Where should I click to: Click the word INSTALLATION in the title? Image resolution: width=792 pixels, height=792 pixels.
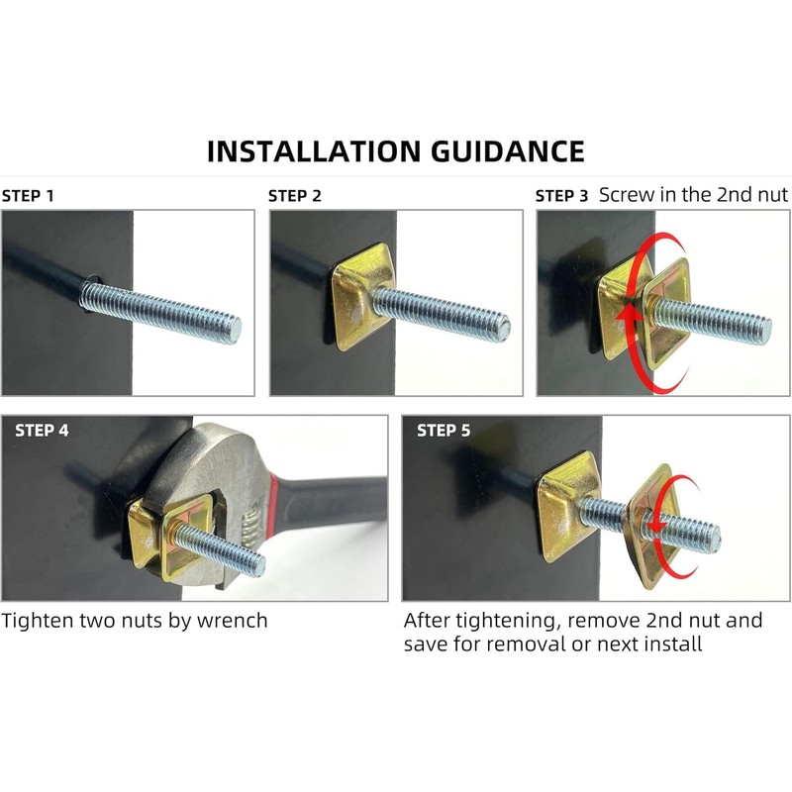point(315,151)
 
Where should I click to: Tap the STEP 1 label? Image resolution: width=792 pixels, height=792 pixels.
point(28,196)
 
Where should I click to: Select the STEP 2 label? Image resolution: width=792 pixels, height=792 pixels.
point(295,196)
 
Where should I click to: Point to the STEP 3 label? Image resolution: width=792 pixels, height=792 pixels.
point(562,196)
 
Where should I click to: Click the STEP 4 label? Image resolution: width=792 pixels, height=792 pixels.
point(43,431)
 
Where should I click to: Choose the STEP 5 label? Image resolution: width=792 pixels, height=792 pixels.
point(444,431)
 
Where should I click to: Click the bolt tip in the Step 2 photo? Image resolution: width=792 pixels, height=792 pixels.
point(504,325)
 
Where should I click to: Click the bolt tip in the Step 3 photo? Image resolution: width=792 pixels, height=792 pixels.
point(766,323)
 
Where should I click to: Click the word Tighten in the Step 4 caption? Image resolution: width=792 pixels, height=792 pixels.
point(35,621)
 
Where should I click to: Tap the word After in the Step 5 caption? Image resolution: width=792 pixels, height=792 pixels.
point(427,621)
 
